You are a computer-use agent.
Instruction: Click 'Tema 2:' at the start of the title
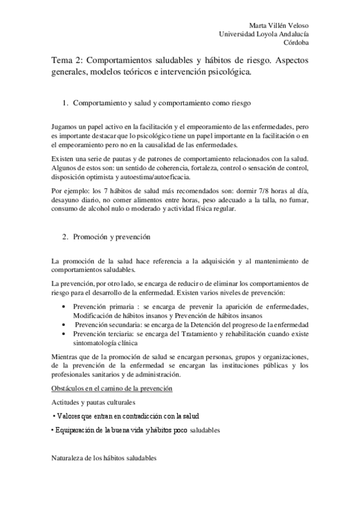(67, 61)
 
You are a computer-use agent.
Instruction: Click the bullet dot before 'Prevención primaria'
(65, 307)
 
